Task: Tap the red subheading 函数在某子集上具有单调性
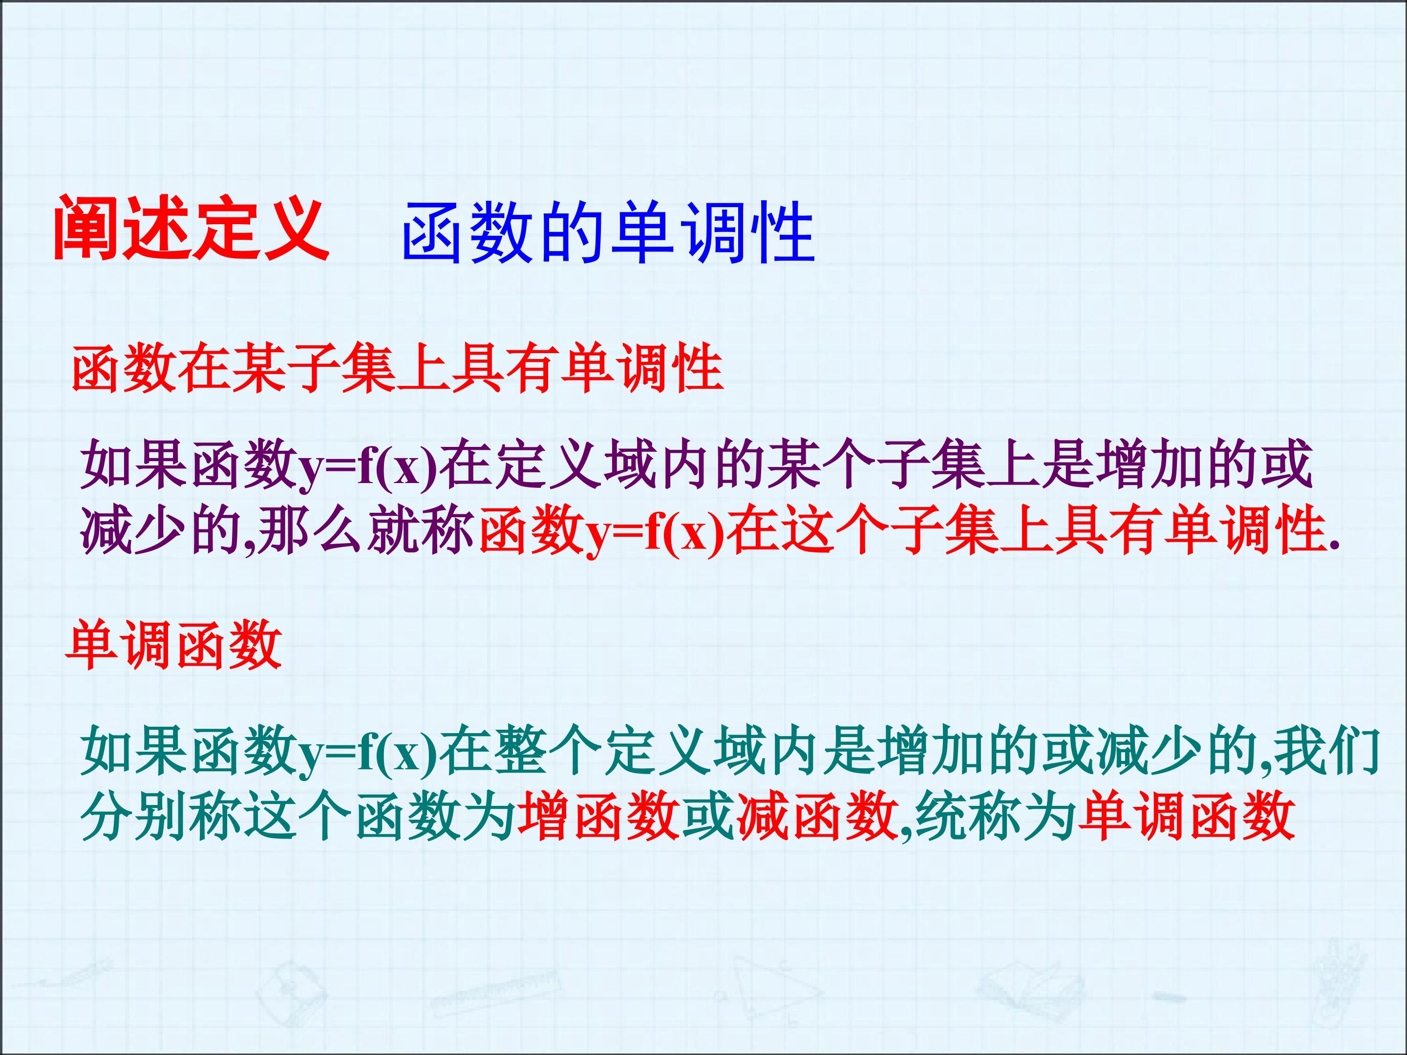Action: [x=398, y=368]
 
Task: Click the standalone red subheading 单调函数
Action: [x=173, y=646]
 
